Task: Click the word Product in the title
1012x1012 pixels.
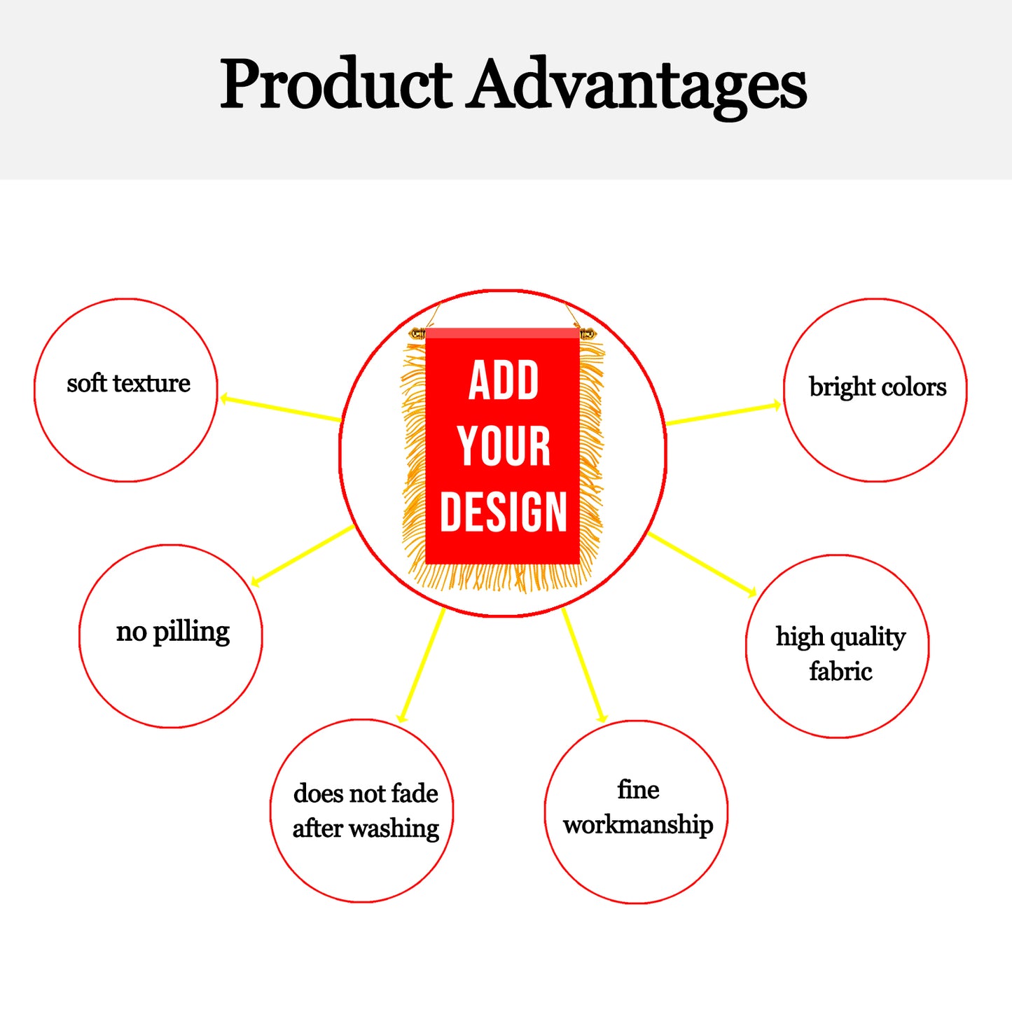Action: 335,83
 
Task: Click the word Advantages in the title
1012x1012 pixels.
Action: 637,87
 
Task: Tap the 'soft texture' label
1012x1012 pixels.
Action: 129,383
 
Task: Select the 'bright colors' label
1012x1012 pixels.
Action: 878,387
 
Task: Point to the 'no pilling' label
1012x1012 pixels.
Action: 173,632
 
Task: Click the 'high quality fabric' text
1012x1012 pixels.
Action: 841,654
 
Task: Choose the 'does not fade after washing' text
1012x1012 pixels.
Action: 366,811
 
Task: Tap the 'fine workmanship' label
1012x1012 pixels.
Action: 638,807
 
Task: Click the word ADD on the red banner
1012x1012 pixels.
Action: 504,380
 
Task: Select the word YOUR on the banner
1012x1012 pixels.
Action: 504,446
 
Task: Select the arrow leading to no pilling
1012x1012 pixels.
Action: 303,555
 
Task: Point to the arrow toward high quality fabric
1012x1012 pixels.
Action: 702,564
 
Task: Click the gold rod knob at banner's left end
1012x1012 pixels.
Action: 417,333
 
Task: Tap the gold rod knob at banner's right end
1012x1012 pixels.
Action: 588,333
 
